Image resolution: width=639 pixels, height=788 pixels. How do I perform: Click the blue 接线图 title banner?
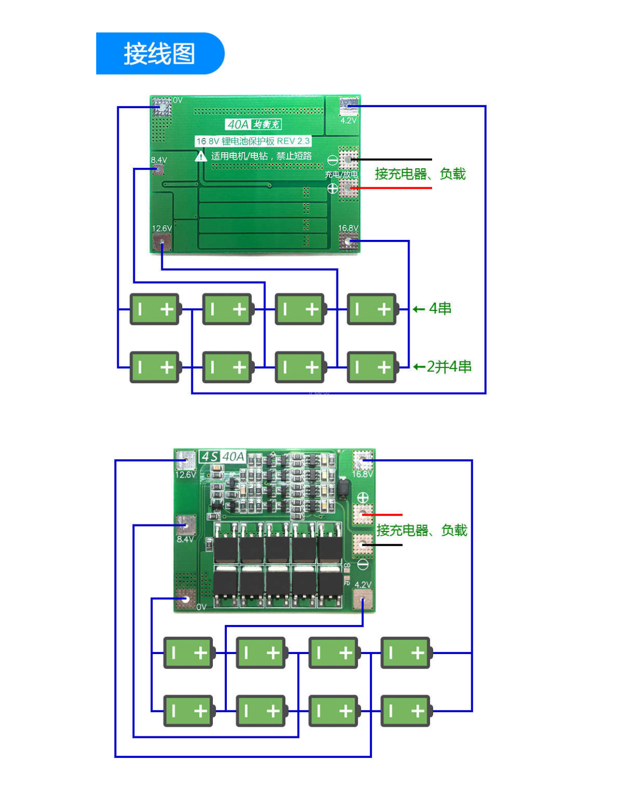pyautogui.click(x=160, y=53)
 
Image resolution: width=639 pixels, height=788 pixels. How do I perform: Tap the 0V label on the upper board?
pyautogui.click(x=178, y=100)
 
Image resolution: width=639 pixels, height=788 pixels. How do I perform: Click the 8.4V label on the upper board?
pyautogui.click(x=159, y=160)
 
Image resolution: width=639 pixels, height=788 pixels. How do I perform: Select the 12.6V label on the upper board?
pyautogui.click(x=161, y=228)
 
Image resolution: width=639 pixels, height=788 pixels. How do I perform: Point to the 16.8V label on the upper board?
pyautogui.click(x=348, y=228)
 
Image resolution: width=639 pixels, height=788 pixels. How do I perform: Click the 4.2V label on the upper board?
pyautogui.click(x=348, y=120)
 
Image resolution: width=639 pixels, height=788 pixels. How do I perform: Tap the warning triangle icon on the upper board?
pyautogui.click(x=200, y=156)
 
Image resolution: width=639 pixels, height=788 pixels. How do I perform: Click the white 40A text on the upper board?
pyautogui.click(x=238, y=124)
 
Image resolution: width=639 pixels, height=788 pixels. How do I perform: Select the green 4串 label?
pyautogui.click(x=440, y=309)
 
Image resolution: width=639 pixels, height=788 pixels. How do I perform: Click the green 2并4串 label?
pyautogui.click(x=449, y=367)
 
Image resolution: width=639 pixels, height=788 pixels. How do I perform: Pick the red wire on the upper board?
pyautogui.click(x=392, y=188)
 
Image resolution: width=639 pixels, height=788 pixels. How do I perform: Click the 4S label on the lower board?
pyautogui.click(x=210, y=457)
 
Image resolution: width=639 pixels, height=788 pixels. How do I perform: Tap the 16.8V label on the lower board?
pyautogui.click(x=362, y=474)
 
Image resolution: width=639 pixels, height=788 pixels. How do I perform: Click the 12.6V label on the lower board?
pyautogui.click(x=185, y=474)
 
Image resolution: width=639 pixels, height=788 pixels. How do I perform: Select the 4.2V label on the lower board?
pyautogui.click(x=363, y=584)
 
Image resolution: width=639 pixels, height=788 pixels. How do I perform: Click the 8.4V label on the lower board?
pyautogui.click(x=185, y=539)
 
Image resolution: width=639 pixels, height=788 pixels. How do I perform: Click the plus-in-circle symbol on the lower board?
pyautogui.click(x=363, y=498)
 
